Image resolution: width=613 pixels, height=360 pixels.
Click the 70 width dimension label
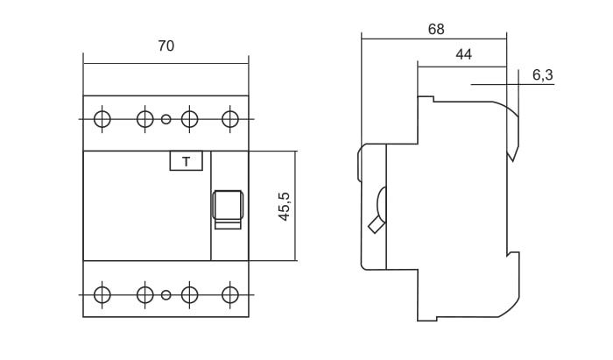(x=166, y=46)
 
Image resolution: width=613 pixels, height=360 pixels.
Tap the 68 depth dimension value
(x=436, y=29)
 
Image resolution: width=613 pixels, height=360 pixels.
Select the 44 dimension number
(x=463, y=54)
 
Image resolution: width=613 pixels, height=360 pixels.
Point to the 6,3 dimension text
(x=543, y=74)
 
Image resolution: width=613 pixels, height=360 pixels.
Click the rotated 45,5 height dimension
(x=285, y=207)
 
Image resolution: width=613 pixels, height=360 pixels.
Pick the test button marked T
(x=186, y=160)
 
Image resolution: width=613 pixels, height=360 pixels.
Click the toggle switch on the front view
(x=228, y=205)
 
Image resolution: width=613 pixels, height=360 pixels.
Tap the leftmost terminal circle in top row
(x=102, y=119)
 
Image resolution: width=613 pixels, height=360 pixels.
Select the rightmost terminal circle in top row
(x=229, y=119)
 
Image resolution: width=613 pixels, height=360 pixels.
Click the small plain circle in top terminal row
(x=166, y=119)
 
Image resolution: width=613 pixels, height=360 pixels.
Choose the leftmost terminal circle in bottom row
(x=102, y=294)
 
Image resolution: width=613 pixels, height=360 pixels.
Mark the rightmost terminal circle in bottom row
(x=229, y=294)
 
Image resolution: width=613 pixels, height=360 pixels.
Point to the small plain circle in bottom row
(x=166, y=295)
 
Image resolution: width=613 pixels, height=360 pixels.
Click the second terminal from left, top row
(x=145, y=119)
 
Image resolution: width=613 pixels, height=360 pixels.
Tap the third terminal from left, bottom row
(x=190, y=294)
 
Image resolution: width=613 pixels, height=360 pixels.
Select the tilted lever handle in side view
(x=376, y=224)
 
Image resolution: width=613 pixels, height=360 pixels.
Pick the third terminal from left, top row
(x=190, y=119)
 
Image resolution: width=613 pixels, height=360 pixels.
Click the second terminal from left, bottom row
(x=145, y=294)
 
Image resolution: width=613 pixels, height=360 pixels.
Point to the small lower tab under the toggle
(x=228, y=224)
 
